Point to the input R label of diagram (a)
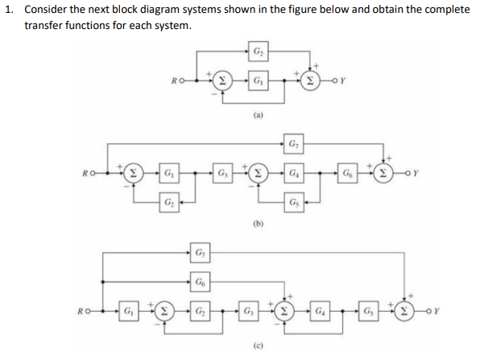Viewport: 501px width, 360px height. point(176,81)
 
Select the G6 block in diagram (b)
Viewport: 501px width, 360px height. point(347,172)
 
